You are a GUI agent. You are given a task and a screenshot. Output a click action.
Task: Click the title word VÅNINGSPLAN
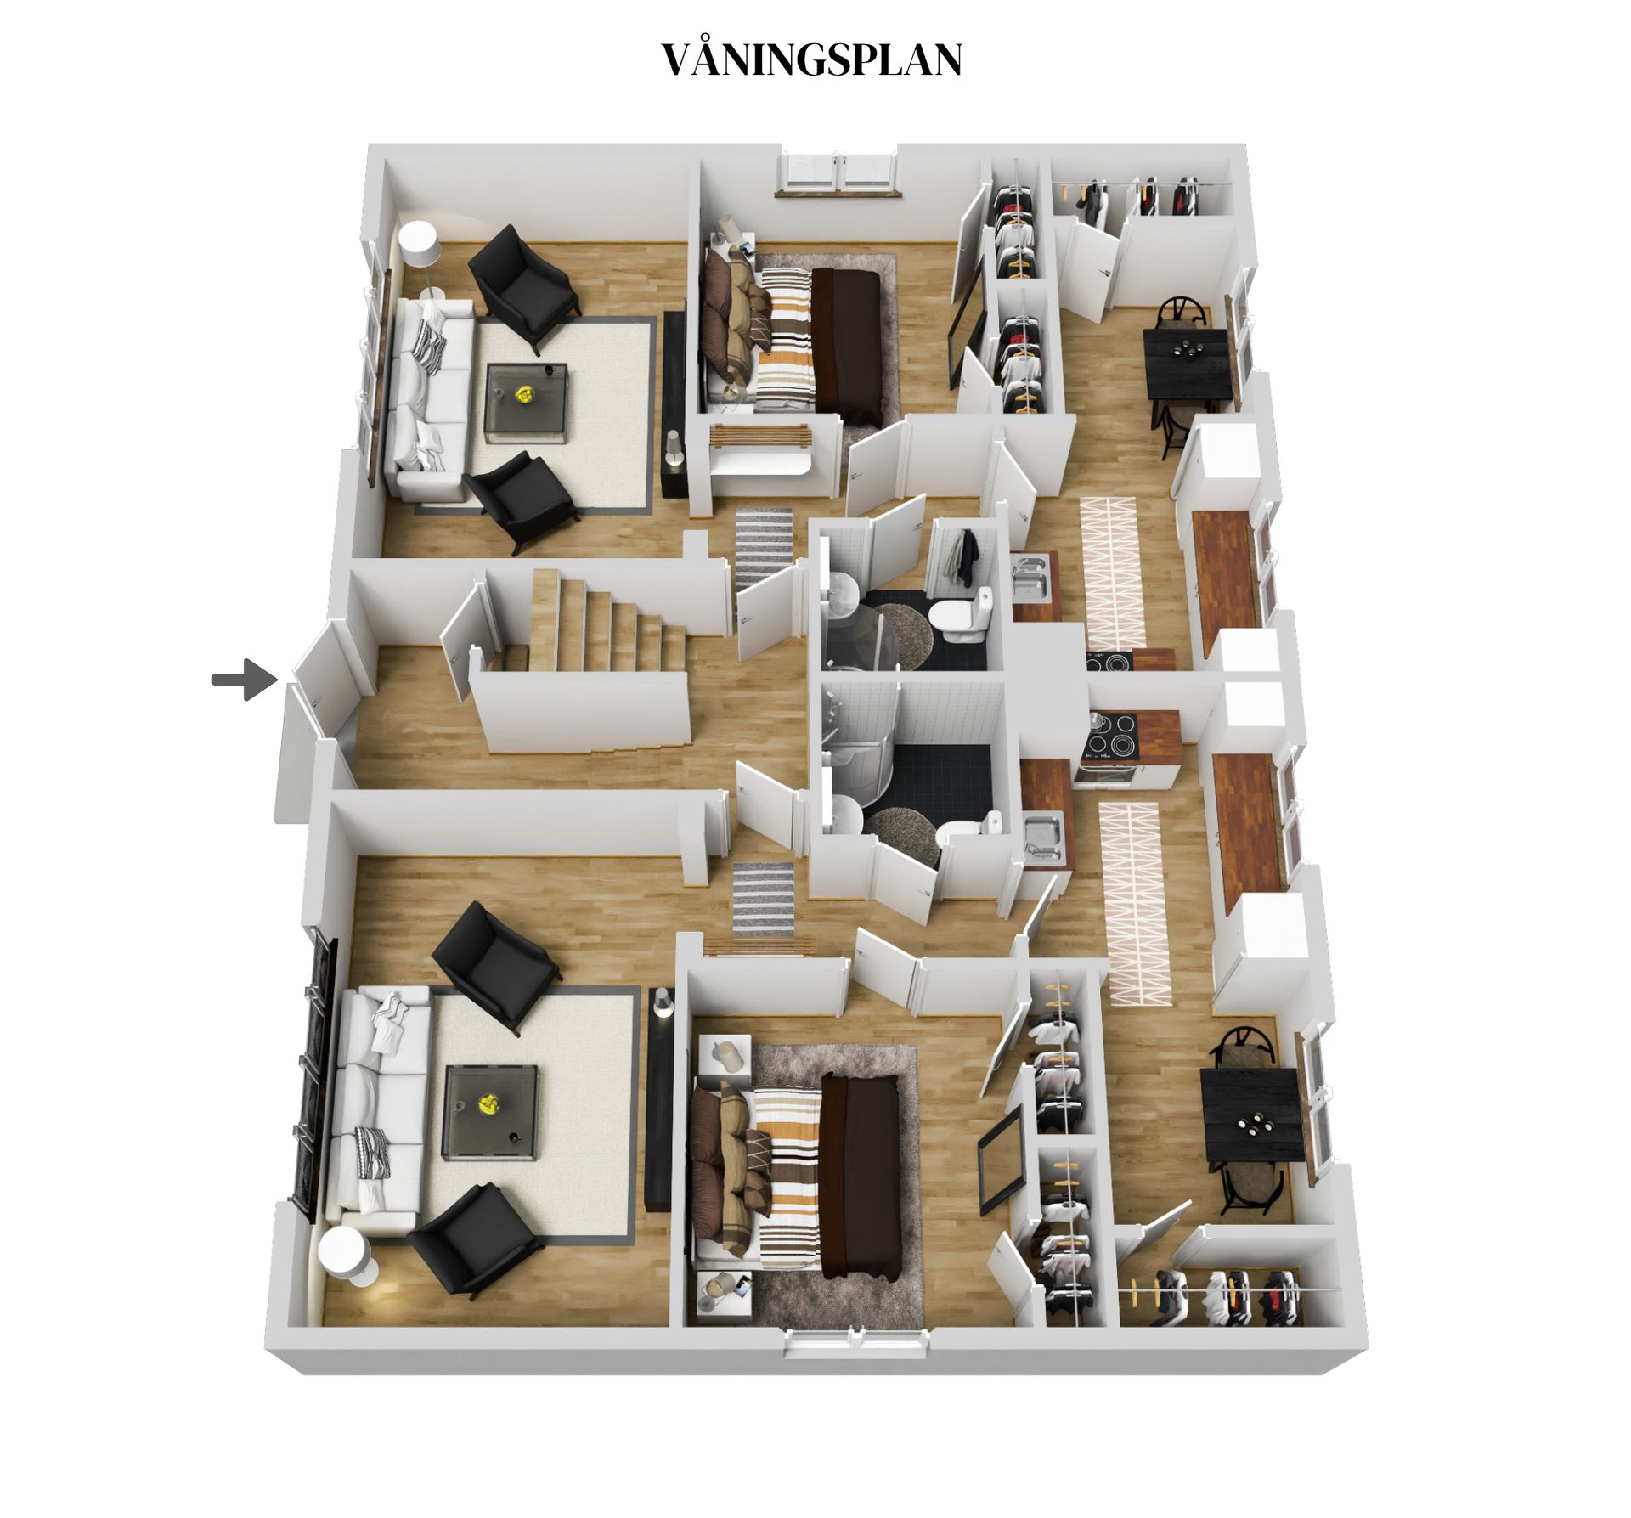click(x=811, y=59)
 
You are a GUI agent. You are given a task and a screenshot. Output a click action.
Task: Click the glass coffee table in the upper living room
click(x=525, y=399)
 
